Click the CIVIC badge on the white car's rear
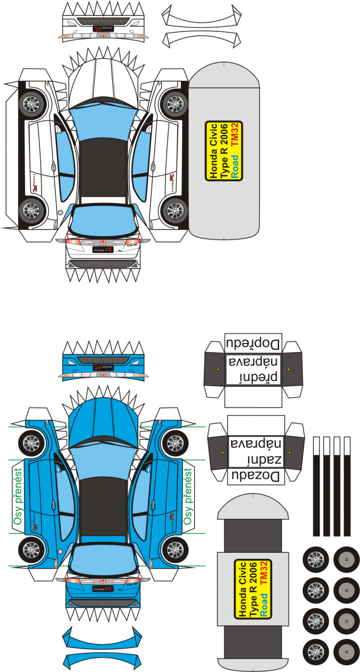point(132,246)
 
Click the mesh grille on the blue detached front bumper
point(103,360)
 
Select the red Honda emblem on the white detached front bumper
point(103,35)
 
